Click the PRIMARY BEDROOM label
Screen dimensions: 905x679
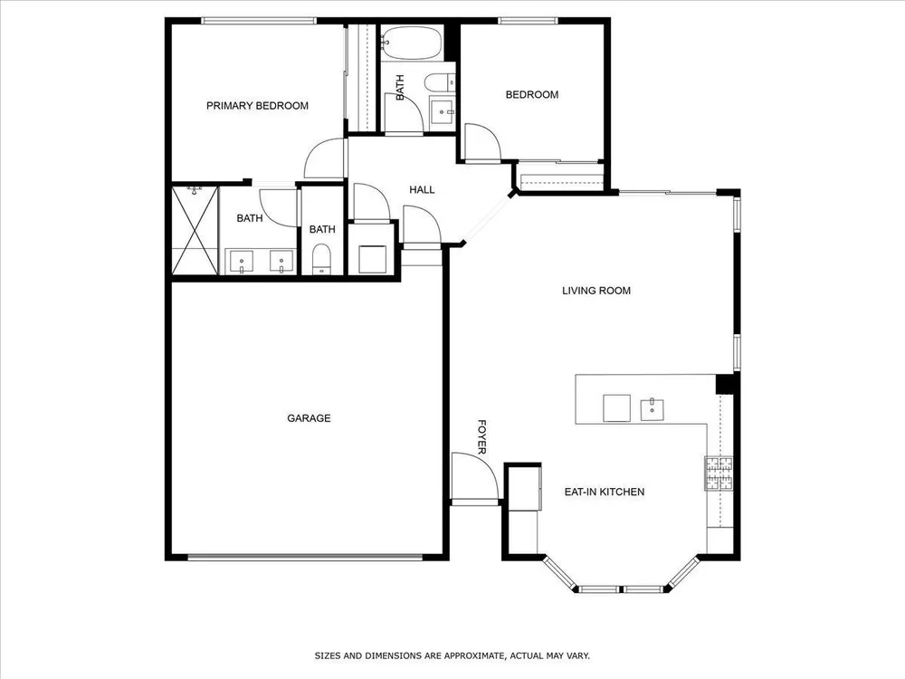click(257, 106)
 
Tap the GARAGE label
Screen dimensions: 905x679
click(309, 418)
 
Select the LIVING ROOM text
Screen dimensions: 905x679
click(596, 291)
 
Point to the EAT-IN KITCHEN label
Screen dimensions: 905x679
click(605, 492)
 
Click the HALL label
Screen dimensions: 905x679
click(422, 189)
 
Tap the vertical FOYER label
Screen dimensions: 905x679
click(482, 437)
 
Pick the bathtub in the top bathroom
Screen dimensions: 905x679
click(412, 43)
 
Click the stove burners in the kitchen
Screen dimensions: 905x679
click(719, 473)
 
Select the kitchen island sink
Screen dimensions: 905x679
click(653, 409)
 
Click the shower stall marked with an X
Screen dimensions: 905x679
click(195, 230)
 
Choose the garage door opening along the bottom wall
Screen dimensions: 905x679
click(305, 558)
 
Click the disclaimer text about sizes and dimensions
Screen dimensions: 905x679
click(452, 655)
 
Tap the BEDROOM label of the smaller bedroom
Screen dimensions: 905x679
click(532, 95)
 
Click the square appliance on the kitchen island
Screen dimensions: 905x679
click(617, 408)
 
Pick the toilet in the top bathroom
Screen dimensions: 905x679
click(440, 82)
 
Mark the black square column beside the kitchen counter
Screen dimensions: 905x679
click(725, 384)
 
